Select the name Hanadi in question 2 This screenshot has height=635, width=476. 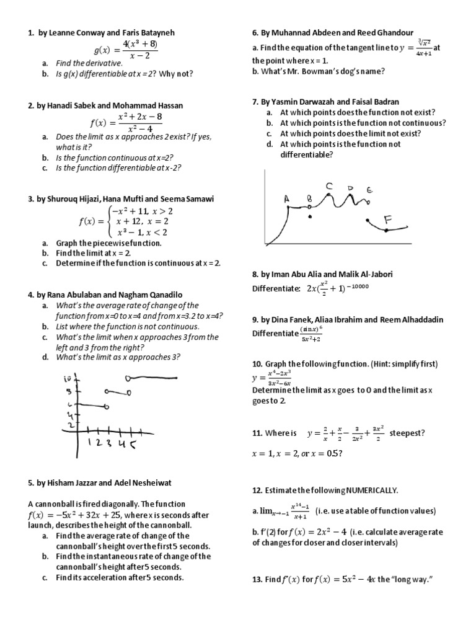coord(64,106)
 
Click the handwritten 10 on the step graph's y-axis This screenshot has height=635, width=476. coord(68,379)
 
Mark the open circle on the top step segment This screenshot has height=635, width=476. coord(128,378)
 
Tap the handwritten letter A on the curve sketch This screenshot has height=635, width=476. coord(286,198)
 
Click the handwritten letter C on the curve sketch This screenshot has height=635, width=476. coord(329,185)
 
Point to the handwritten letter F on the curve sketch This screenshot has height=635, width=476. coord(388,219)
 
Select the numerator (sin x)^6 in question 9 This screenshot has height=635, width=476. coord(309,329)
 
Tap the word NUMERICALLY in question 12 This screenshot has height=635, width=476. coord(369,490)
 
